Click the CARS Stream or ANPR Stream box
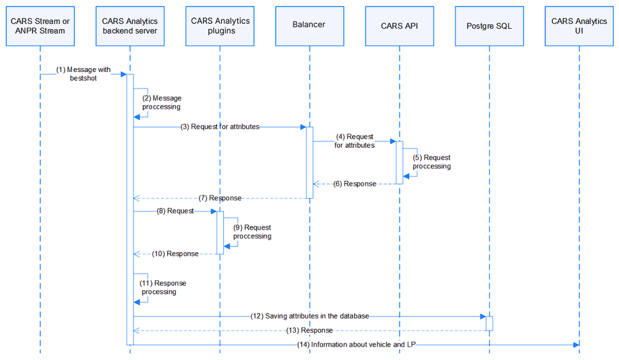click(40, 26)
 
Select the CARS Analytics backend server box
click(130, 26)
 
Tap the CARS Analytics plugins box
click(220, 26)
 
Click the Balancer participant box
click(309, 26)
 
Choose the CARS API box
click(400, 26)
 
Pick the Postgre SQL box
click(489, 26)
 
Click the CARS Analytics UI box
click(579, 26)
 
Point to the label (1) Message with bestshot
click(83, 74)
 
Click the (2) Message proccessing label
click(162, 102)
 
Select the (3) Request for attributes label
click(220, 127)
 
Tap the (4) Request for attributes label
click(354, 141)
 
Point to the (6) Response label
click(355, 184)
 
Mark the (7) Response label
click(220, 198)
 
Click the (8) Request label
click(175, 211)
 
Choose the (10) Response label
click(175, 253)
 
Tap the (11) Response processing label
click(164, 288)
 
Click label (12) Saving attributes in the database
click(309, 316)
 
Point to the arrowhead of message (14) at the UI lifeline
click(576, 345)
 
